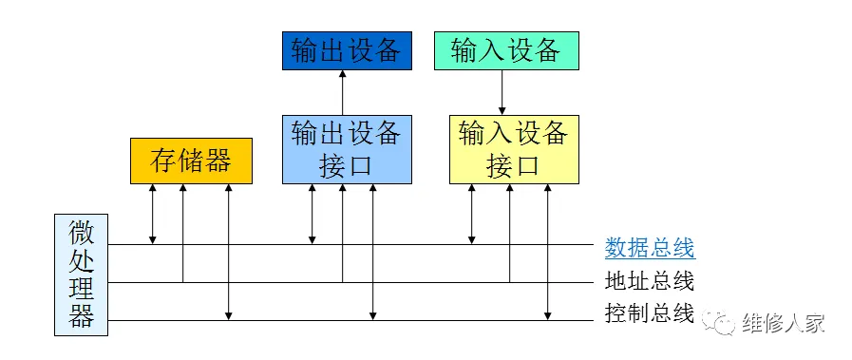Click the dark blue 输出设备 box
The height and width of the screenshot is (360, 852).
(346, 51)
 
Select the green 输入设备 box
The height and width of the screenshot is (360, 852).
(505, 51)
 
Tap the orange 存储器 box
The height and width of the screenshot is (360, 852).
(191, 161)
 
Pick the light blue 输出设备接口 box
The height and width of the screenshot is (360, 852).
(347, 149)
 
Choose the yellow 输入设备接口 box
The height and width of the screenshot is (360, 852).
(513, 149)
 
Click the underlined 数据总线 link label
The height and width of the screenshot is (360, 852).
(650, 249)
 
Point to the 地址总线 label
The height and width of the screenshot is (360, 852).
(650, 281)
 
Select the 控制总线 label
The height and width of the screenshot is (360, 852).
(650, 313)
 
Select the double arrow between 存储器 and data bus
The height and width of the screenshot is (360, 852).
(152, 214)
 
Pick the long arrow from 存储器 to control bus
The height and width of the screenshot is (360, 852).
(229, 252)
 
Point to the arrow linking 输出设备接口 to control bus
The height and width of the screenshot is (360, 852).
(372, 252)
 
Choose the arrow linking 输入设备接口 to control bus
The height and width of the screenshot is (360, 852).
(548, 252)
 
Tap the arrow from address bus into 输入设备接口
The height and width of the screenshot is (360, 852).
(509, 233)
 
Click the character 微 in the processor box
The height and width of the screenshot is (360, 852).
(82, 233)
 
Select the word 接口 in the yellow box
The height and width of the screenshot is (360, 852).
(513, 165)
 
